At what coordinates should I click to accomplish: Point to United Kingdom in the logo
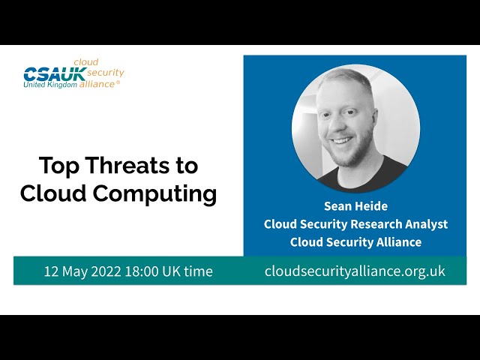(x=50, y=84)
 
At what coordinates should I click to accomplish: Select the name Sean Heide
(x=355, y=205)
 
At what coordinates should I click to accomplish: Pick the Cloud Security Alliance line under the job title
(x=355, y=241)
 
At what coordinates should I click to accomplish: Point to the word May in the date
(x=78, y=271)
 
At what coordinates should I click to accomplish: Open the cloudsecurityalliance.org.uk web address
(x=355, y=271)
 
